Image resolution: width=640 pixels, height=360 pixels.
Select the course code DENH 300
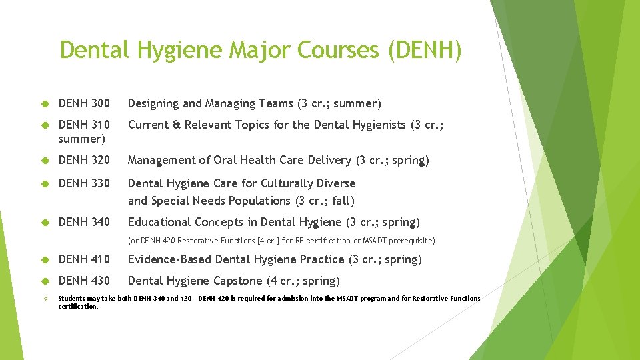[x=84, y=103]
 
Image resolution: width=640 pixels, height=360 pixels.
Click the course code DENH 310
[x=84, y=125]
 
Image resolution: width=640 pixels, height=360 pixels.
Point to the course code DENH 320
[x=84, y=160]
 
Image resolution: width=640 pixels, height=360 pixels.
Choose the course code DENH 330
[x=84, y=183]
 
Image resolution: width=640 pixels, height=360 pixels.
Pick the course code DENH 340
[x=84, y=222]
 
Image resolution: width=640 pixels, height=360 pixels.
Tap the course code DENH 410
[x=84, y=259]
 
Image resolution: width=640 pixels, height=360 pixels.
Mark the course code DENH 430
[x=84, y=281]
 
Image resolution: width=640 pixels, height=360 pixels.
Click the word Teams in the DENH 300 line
[x=275, y=103]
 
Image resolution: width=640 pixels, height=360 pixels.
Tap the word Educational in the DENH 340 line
[x=159, y=222]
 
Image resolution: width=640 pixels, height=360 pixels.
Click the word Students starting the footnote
[x=72, y=298]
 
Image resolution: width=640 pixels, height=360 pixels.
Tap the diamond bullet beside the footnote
[x=46, y=299]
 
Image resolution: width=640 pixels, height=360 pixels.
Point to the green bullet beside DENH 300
[x=46, y=104]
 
